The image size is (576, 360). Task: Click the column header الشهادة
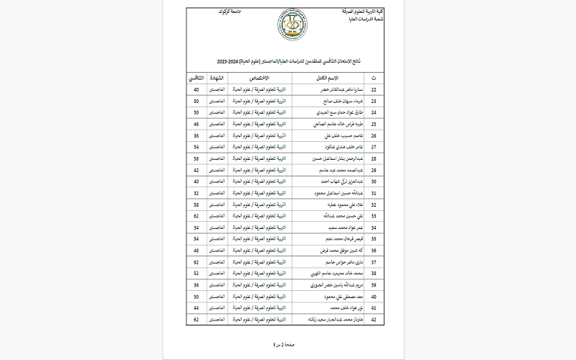(217, 77)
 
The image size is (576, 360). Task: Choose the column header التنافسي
(195, 77)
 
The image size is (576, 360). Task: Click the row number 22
(373, 89)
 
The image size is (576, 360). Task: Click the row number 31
(373, 193)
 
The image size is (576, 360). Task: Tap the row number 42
(373, 319)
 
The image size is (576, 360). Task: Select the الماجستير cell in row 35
(217, 238)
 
